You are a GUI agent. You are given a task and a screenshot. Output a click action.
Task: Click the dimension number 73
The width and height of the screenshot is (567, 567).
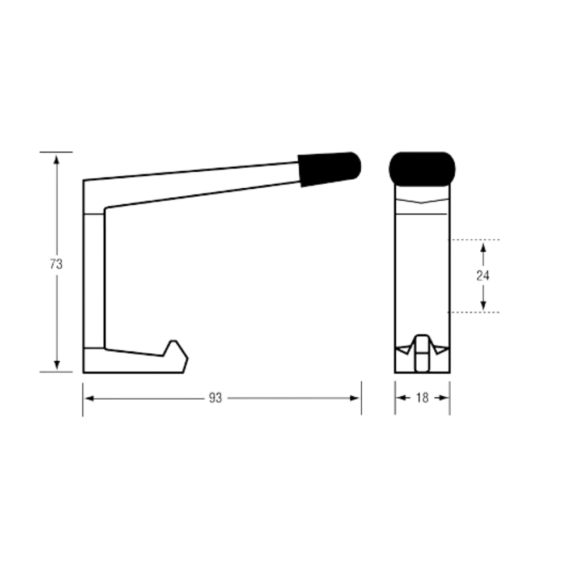(x=56, y=264)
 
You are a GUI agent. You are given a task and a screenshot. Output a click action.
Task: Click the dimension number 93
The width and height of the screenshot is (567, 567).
(x=215, y=398)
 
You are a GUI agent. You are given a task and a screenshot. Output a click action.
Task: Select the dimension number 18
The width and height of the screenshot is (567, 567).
(x=422, y=398)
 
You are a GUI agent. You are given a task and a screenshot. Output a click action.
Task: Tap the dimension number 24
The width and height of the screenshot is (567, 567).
(x=483, y=276)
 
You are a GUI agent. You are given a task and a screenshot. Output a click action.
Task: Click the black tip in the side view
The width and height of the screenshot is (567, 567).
(x=329, y=169)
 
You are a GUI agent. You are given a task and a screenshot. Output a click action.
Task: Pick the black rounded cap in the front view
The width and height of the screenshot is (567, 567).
(x=422, y=169)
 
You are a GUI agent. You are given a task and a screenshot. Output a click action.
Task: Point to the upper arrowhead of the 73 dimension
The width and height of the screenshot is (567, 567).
(x=56, y=160)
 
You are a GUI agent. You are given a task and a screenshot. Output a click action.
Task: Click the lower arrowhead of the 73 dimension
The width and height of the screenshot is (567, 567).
(x=56, y=365)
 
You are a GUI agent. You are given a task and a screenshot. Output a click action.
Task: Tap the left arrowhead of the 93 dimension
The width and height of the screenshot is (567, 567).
(x=90, y=398)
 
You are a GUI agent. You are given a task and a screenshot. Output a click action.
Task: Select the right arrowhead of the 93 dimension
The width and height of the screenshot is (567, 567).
(x=354, y=398)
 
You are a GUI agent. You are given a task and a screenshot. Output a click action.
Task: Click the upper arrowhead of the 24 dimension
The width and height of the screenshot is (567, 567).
(x=483, y=248)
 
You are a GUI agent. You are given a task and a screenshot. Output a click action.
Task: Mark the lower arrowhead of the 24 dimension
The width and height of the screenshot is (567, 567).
(x=483, y=305)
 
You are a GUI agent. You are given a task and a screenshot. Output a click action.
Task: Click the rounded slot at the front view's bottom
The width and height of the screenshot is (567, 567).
(x=422, y=353)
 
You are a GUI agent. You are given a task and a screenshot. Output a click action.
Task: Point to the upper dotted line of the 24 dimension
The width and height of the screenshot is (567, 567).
(x=474, y=240)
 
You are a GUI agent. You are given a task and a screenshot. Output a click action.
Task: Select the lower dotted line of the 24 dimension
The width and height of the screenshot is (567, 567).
(x=474, y=312)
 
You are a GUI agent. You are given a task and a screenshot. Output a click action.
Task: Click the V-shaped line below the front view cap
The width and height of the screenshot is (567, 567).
(x=422, y=201)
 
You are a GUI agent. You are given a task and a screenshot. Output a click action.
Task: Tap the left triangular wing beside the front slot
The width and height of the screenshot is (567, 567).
(x=404, y=350)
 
